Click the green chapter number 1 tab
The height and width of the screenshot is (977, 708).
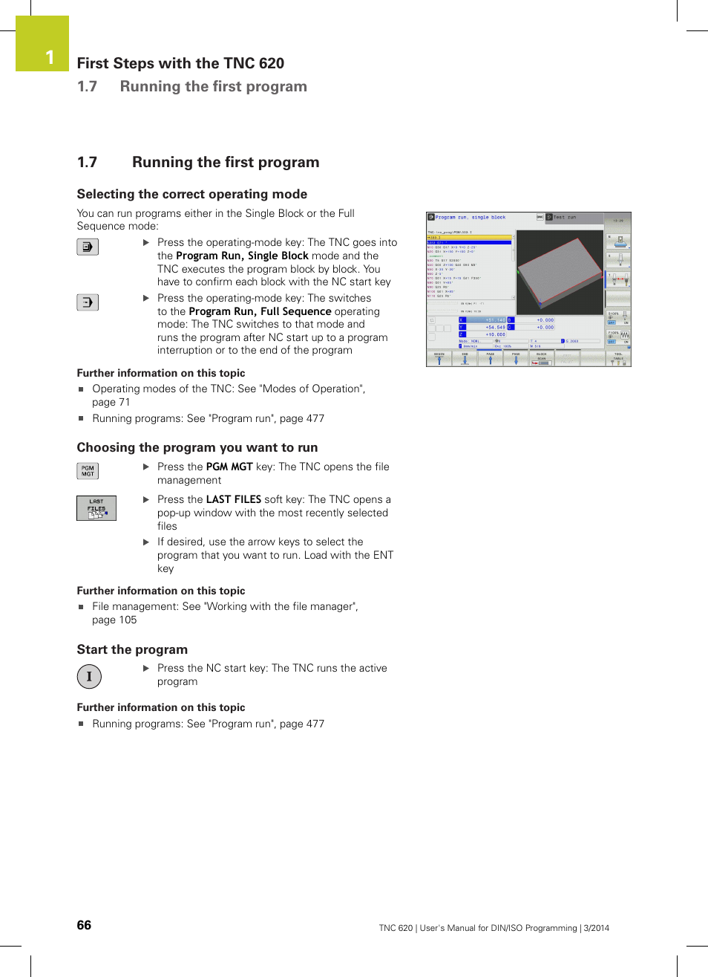[x=42, y=44]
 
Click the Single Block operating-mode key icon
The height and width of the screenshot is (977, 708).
[x=88, y=247]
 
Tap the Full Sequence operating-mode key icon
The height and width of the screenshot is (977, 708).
[x=88, y=302]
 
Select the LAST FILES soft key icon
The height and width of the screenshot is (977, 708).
[x=96, y=508]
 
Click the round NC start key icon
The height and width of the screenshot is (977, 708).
[x=89, y=676]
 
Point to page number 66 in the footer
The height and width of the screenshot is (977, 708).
[x=84, y=925]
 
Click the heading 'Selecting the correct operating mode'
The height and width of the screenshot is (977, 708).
[x=191, y=194]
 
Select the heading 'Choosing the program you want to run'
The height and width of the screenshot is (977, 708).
[x=197, y=447]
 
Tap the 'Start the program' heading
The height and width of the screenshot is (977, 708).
[x=132, y=649]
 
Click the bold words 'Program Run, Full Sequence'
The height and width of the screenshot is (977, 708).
[x=260, y=311]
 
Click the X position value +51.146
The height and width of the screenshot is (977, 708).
[x=494, y=320]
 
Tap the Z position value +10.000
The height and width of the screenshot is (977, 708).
[x=495, y=334]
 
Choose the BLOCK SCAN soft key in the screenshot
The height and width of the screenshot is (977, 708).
[x=541, y=358]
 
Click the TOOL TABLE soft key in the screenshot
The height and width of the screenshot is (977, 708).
[x=618, y=358]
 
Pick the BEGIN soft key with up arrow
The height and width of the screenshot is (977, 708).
[x=439, y=358]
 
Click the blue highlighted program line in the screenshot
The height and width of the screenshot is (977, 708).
[x=469, y=242]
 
